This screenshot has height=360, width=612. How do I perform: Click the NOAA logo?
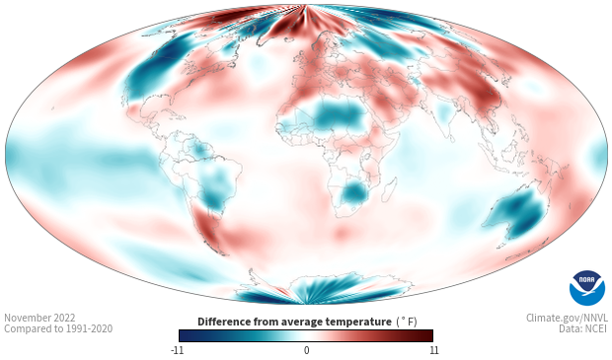tap(587, 288)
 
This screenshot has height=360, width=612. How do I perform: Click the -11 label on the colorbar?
tap(177, 350)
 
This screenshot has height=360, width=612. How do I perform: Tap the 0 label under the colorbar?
tap(306, 350)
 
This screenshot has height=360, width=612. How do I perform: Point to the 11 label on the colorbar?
tap(433, 350)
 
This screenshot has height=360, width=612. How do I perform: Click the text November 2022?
tap(39, 318)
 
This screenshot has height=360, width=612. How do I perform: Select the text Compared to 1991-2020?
tap(58, 328)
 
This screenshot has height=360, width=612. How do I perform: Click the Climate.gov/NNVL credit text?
tap(567, 318)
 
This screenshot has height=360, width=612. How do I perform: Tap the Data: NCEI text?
tap(583, 328)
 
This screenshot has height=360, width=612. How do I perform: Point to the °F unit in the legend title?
tap(407, 322)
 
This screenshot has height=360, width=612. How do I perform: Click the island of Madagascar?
tap(390, 189)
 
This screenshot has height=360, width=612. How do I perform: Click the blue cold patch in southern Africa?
tap(354, 192)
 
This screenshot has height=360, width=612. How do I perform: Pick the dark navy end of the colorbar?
tap(186, 335)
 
